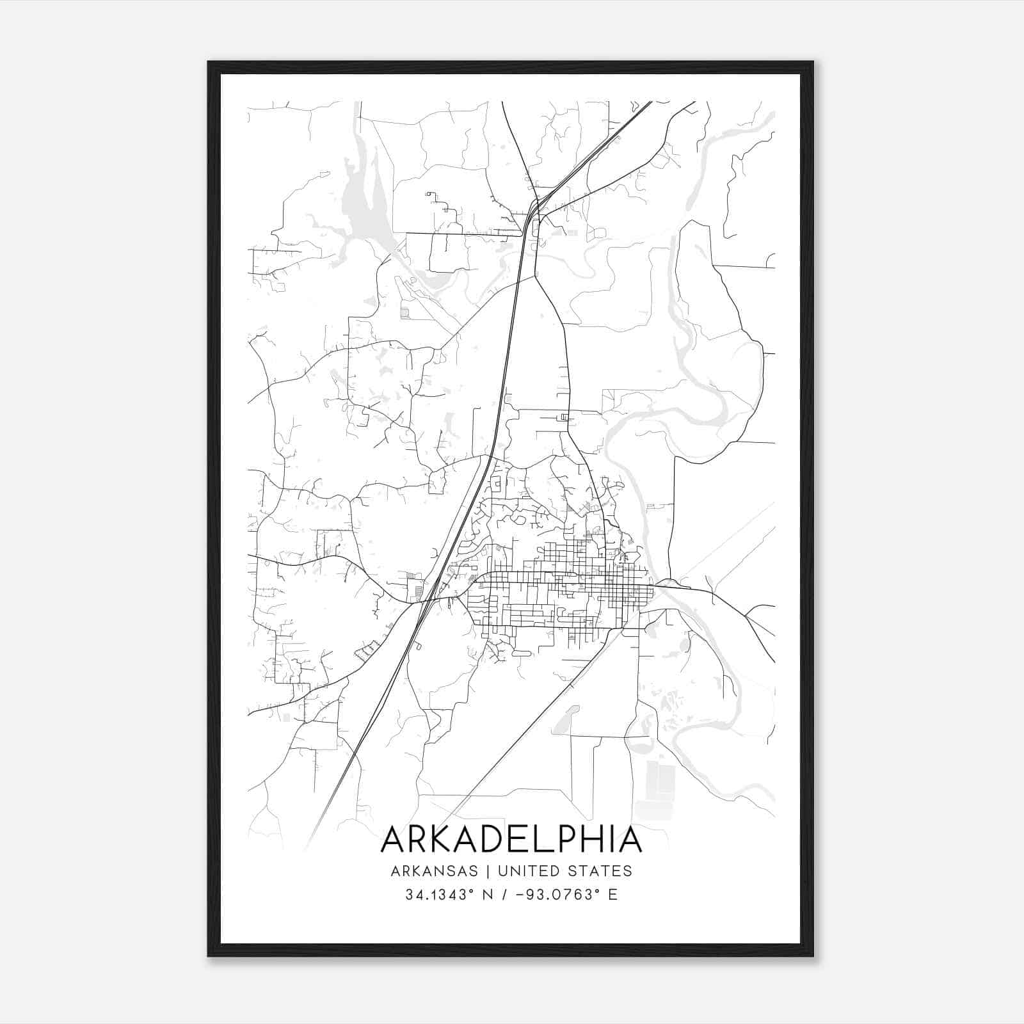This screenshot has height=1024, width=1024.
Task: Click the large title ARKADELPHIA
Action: pos(511,840)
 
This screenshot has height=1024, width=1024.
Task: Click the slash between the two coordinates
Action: pos(508,895)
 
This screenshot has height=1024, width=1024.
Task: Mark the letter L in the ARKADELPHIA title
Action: pos(544,840)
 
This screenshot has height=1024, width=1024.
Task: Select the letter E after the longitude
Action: pos(613,895)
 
